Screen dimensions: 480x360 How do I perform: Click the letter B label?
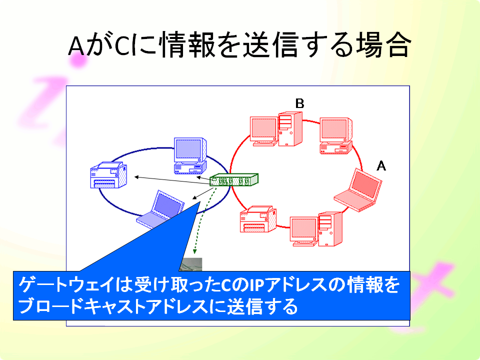[299, 103]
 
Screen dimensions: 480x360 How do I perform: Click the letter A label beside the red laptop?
[381, 166]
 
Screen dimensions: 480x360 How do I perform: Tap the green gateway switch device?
[234, 179]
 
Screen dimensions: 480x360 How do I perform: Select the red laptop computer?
[357, 190]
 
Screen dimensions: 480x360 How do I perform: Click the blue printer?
[108, 175]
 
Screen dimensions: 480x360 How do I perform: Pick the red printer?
[258, 219]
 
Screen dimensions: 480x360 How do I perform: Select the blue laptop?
[160, 209]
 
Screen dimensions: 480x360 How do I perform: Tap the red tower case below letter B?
[290, 129]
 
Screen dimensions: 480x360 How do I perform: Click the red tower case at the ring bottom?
[330, 229]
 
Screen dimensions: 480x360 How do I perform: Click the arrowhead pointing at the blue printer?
[136, 177]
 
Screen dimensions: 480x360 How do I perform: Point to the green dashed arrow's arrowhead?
[194, 251]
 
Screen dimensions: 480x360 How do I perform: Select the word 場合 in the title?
[382, 45]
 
